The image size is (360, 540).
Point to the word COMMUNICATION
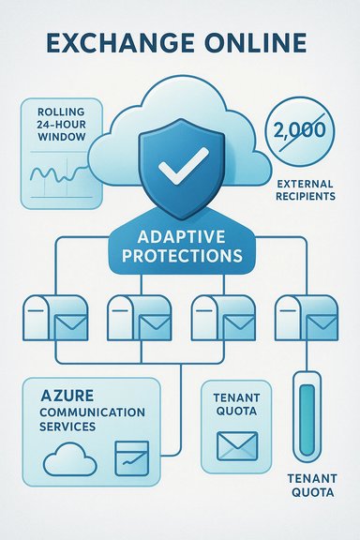(85, 412)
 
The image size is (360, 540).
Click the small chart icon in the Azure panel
(128, 458)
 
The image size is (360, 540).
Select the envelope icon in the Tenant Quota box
(235, 444)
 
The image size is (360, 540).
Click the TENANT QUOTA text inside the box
(236, 403)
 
